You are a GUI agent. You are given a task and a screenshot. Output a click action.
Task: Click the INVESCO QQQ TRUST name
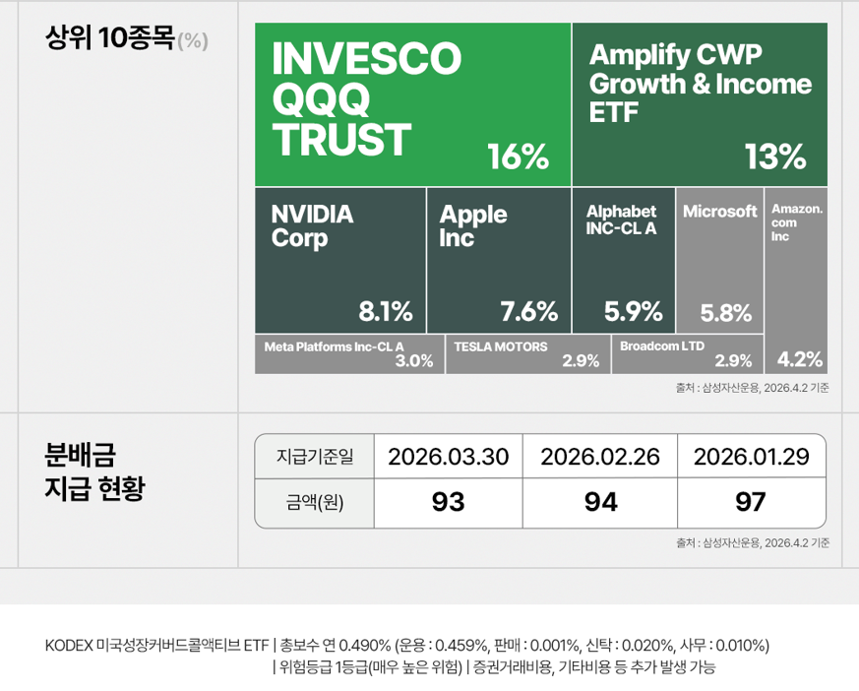pyautogui.click(x=366, y=100)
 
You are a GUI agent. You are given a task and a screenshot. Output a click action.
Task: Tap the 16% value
pyautogui.click(x=518, y=157)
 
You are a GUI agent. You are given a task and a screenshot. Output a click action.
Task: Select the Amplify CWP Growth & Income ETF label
pyautogui.click(x=700, y=84)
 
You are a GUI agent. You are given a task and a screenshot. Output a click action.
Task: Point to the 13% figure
pyautogui.click(x=775, y=157)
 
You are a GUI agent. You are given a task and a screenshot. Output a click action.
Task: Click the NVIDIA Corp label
pyautogui.click(x=312, y=225)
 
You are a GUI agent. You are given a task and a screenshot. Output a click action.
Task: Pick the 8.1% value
pyautogui.click(x=386, y=313)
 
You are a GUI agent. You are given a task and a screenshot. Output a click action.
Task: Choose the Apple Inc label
pyautogui.click(x=473, y=225)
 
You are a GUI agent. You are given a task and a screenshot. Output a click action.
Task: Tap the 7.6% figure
pyautogui.click(x=529, y=313)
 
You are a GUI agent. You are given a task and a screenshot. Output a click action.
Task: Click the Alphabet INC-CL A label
pyautogui.click(x=621, y=220)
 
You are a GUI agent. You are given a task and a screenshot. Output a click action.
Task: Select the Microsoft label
pyautogui.click(x=720, y=212)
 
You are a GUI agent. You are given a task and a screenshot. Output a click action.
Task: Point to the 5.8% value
pyautogui.click(x=726, y=314)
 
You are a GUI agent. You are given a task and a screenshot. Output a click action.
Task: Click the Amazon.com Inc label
pyautogui.click(x=797, y=222)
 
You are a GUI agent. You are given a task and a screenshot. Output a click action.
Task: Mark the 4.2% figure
pyautogui.click(x=800, y=358)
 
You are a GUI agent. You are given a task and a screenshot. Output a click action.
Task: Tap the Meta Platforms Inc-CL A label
pyautogui.click(x=335, y=346)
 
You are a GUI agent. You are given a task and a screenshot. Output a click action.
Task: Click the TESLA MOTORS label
pyautogui.click(x=501, y=346)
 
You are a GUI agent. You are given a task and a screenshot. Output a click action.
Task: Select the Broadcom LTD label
pyautogui.click(x=662, y=346)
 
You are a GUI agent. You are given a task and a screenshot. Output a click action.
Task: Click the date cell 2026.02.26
pyautogui.click(x=600, y=457)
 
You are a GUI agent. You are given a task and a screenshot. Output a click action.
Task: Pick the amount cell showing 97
pyautogui.click(x=751, y=502)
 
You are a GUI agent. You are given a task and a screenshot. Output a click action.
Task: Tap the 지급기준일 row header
pyautogui.click(x=315, y=457)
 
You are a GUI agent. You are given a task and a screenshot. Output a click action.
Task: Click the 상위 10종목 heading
pyautogui.click(x=110, y=39)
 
